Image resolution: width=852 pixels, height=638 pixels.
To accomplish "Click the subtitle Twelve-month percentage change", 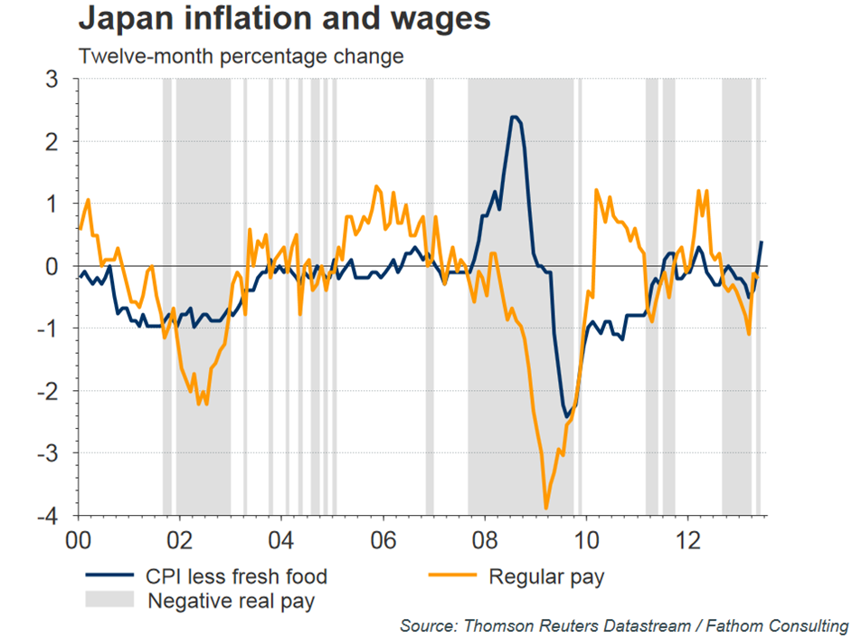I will click(241, 56).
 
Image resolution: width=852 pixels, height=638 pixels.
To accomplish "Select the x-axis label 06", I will click(383, 536).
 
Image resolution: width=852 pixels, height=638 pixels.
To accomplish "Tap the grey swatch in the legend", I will click(109, 599).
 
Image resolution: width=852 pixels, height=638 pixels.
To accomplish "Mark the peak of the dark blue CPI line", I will click(514, 117).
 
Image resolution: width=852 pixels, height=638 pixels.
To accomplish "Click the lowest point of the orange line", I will click(546, 509).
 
